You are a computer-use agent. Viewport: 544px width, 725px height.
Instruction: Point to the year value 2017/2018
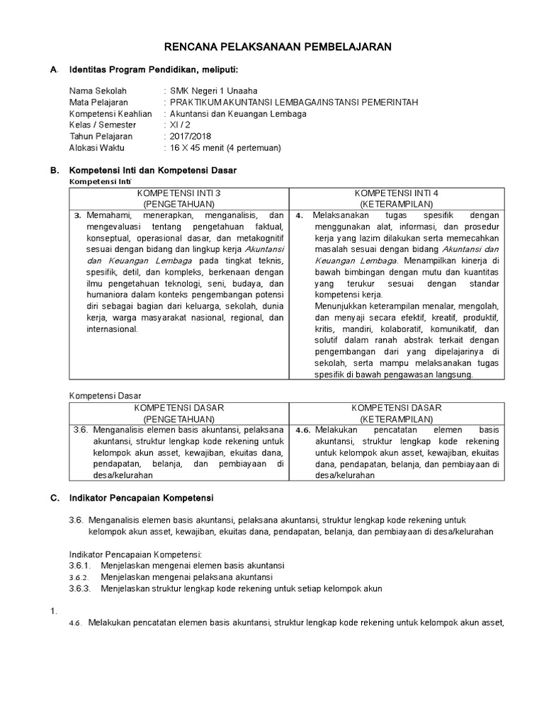click(191, 136)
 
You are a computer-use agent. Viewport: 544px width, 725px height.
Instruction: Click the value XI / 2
click(181, 125)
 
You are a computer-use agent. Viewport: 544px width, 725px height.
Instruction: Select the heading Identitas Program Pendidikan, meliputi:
click(154, 70)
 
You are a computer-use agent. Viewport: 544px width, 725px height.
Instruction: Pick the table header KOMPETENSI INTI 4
click(396, 193)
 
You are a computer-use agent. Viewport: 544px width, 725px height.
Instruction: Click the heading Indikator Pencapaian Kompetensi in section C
click(141, 498)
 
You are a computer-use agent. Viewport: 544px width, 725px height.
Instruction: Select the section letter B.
click(53, 171)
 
